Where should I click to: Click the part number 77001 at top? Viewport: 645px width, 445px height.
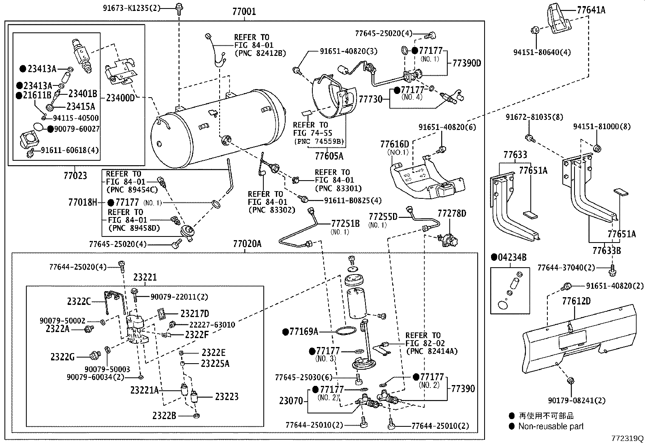tap(244, 12)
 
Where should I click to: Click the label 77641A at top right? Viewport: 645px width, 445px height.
tap(591, 10)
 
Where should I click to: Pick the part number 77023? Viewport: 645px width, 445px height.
tap(75, 175)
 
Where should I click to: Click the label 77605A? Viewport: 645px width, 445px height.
tap(329, 155)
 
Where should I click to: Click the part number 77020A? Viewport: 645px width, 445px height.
tap(247, 244)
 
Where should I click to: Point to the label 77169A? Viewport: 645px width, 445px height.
tap(303, 332)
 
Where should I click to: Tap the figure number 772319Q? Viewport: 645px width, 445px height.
tap(627, 439)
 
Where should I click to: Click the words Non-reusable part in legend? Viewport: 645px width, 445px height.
tap(551, 426)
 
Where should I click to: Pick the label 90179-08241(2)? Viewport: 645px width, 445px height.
tap(577, 400)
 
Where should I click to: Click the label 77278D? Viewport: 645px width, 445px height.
tap(451, 213)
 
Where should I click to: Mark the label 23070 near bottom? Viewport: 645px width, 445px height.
tap(290, 401)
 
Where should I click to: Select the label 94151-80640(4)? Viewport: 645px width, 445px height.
tap(542, 52)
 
